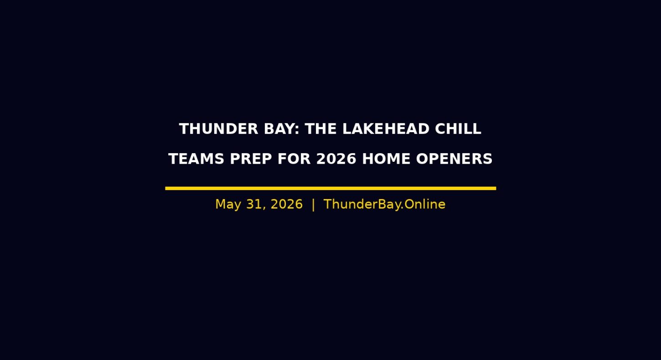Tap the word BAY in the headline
(x=279, y=129)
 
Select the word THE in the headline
(x=320, y=129)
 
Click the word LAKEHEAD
(x=386, y=129)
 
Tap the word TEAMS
(x=196, y=159)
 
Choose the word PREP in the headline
(x=251, y=159)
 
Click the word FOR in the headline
(x=294, y=159)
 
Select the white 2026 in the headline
(x=336, y=159)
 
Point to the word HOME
(x=386, y=159)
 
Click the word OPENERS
(x=454, y=159)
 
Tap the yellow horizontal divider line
(x=330, y=188)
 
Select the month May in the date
(x=228, y=205)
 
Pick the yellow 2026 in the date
(x=287, y=204)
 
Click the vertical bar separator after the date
(x=313, y=205)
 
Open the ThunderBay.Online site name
(x=384, y=205)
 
